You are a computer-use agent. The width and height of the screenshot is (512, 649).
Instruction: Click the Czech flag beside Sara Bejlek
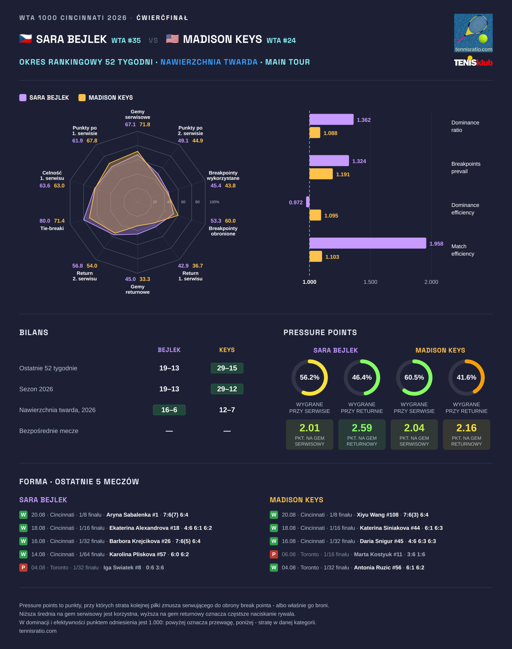point(25,39)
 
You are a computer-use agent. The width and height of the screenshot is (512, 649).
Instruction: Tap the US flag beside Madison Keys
point(172,39)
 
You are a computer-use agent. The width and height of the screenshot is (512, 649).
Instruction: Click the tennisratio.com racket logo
point(473,33)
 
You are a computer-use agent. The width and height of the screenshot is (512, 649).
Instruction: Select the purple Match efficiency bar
point(368,243)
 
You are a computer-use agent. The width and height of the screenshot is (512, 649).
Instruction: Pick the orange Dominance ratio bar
point(315,133)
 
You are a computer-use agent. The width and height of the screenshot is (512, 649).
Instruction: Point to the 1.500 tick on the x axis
point(370,282)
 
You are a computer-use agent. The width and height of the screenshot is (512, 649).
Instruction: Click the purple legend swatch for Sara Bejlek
point(23,98)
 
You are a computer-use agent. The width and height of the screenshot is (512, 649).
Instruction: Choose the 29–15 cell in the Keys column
point(227,368)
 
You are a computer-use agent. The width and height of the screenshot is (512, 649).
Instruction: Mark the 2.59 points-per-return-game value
point(362,428)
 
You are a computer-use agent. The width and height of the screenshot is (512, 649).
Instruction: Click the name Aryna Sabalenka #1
point(132,515)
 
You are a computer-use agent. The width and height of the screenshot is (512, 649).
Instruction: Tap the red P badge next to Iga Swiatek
point(23,568)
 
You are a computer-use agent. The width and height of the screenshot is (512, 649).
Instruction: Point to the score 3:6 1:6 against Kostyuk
point(416,554)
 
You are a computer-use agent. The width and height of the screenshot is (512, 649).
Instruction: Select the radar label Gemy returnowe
point(138,289)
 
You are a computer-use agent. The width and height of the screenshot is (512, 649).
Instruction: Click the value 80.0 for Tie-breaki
point(45,221)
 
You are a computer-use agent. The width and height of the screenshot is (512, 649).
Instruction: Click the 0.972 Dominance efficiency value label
point(296,203)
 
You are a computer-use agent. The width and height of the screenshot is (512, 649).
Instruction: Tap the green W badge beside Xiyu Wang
point(274,515)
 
